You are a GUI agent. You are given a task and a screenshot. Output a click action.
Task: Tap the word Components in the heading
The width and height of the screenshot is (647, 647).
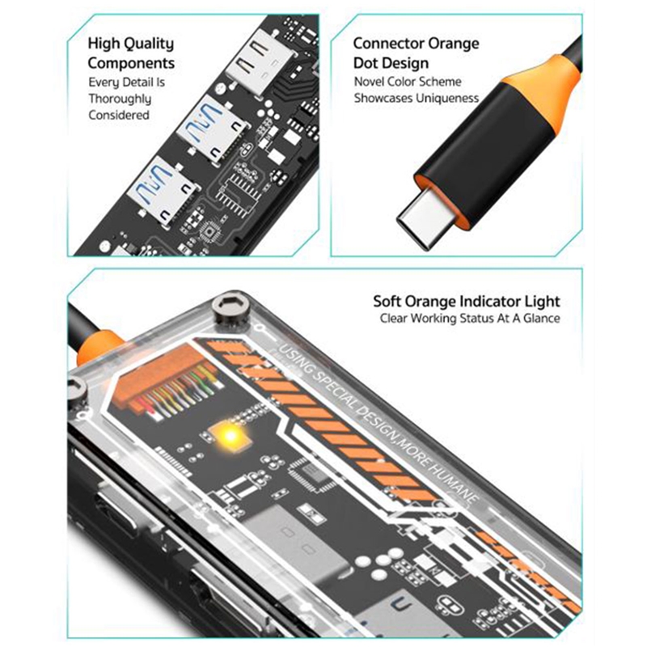[x=131, y=63]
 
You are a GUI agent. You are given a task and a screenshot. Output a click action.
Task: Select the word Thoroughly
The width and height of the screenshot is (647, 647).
[x=120, y=99]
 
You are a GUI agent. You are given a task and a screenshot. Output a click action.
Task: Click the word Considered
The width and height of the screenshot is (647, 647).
[x=119, y=115]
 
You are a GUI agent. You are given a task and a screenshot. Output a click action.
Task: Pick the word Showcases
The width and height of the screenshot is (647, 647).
[x=383, y=98]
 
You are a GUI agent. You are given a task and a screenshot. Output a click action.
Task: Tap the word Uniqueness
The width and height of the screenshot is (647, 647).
[x=447, y=98]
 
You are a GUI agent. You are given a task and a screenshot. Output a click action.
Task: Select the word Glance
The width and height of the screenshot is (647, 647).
[x=541, y=319]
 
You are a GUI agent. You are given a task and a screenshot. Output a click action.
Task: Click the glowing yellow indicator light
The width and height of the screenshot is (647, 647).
[x=230, y=436]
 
